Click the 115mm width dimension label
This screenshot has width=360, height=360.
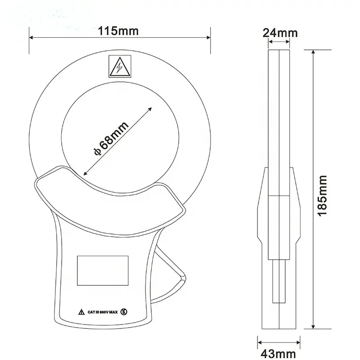(118, 31)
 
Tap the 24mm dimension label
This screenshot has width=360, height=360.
(280, 33)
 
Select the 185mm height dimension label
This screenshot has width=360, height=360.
(322, 195)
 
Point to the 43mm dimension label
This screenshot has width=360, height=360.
(279, 354)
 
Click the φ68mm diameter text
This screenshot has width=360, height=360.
(111, 139)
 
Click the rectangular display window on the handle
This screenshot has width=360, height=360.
(103, 270)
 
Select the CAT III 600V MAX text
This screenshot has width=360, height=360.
(103, 312)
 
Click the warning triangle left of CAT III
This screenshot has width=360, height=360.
(81, 312)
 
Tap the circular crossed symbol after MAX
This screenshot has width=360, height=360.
(124, 312)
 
